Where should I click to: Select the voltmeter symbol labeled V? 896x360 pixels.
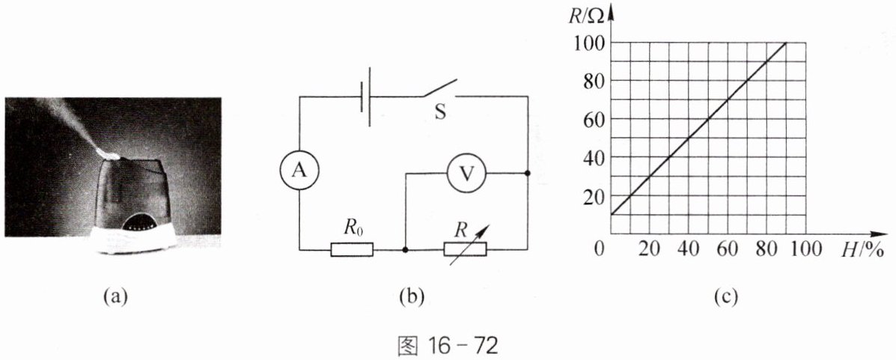click(x=466, y=173)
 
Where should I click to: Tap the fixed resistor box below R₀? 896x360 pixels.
click(x=352, y=249)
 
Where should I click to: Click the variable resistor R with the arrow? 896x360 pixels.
click(x=465, y=249)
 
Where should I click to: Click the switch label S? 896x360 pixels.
click(x=440, y=112)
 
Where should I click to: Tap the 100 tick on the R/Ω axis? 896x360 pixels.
click(x=588, y=43)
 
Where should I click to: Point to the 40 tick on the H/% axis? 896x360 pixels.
click(x=689, y=250)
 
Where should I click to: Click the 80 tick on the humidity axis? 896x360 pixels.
click(x=767, y=250)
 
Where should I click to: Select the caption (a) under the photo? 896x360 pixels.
click(x=112, y=296)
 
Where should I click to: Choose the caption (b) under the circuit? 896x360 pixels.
click(x=413, y=296)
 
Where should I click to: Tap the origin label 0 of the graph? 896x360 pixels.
click(x=598, y=250)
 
